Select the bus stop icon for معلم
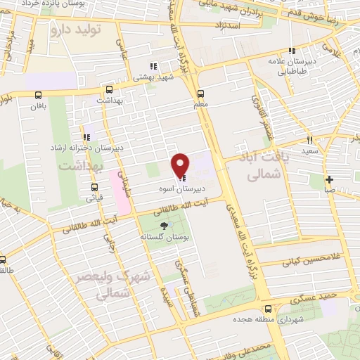(201, 94)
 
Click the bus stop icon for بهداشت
(109, 89)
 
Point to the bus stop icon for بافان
(37, 95)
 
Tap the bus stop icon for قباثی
(94, 186)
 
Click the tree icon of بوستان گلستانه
(164, 226)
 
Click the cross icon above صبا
(330, 179)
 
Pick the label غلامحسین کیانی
(310, 262)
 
